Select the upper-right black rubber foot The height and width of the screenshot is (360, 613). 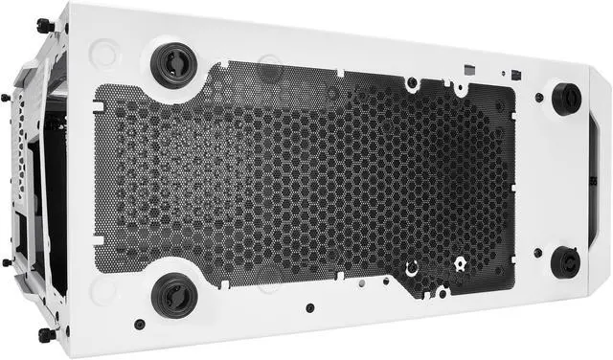(x=566, y=98)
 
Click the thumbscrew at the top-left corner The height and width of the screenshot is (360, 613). (x=44, y=26)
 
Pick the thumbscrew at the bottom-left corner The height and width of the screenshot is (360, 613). (x=45, y=335)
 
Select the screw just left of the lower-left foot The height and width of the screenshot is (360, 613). (x=140, y=324)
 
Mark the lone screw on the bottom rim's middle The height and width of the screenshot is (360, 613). (x=309, y=308)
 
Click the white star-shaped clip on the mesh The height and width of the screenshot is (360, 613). (x=460, y=261)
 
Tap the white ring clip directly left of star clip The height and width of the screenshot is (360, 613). (x=411, y=269)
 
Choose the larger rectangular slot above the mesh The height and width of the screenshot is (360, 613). (x=467, y=69)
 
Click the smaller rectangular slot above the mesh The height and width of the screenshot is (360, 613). (x=515, y=75)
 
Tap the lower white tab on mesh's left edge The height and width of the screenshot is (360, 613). (x=98, y=235)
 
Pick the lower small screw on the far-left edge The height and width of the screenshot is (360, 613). (x=7, y=261)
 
